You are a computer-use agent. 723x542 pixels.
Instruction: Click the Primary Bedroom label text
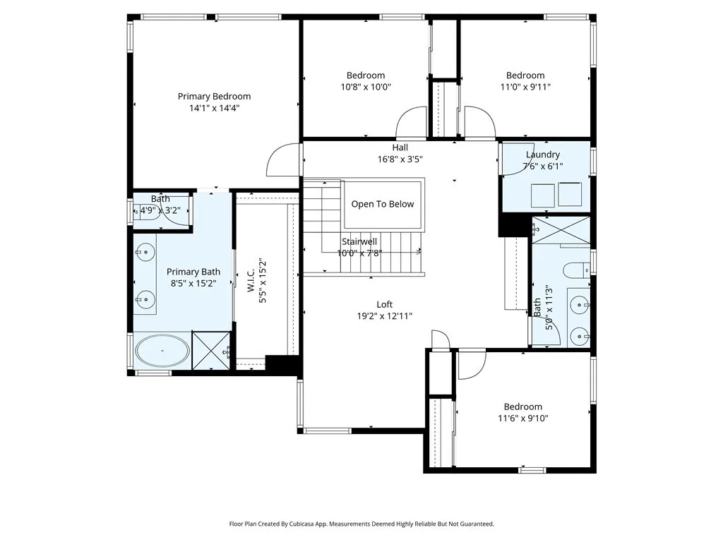[214, 96]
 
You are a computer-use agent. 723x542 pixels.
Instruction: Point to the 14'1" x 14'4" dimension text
[214, 109]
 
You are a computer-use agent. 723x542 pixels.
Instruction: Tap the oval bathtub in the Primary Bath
[162, 351]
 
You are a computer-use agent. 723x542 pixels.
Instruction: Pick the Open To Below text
[383, 204]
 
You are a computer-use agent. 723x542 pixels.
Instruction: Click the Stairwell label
[359, 241]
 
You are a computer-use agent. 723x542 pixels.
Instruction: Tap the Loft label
[384, 304]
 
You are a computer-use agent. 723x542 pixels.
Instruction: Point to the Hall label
[400, 147]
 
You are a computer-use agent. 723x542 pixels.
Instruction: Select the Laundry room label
[543, 155]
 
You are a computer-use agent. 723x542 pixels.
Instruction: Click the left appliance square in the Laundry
[542, 194]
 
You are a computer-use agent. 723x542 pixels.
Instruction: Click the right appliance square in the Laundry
[569, 194]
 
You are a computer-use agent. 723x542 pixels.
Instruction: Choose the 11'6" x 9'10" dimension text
[522, 418]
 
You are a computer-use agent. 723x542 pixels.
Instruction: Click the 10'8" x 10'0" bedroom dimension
[366, 87]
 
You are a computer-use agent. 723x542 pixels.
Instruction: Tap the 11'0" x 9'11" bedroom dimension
[525, 87]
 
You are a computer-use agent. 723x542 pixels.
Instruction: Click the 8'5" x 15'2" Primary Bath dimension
[193, 283]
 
